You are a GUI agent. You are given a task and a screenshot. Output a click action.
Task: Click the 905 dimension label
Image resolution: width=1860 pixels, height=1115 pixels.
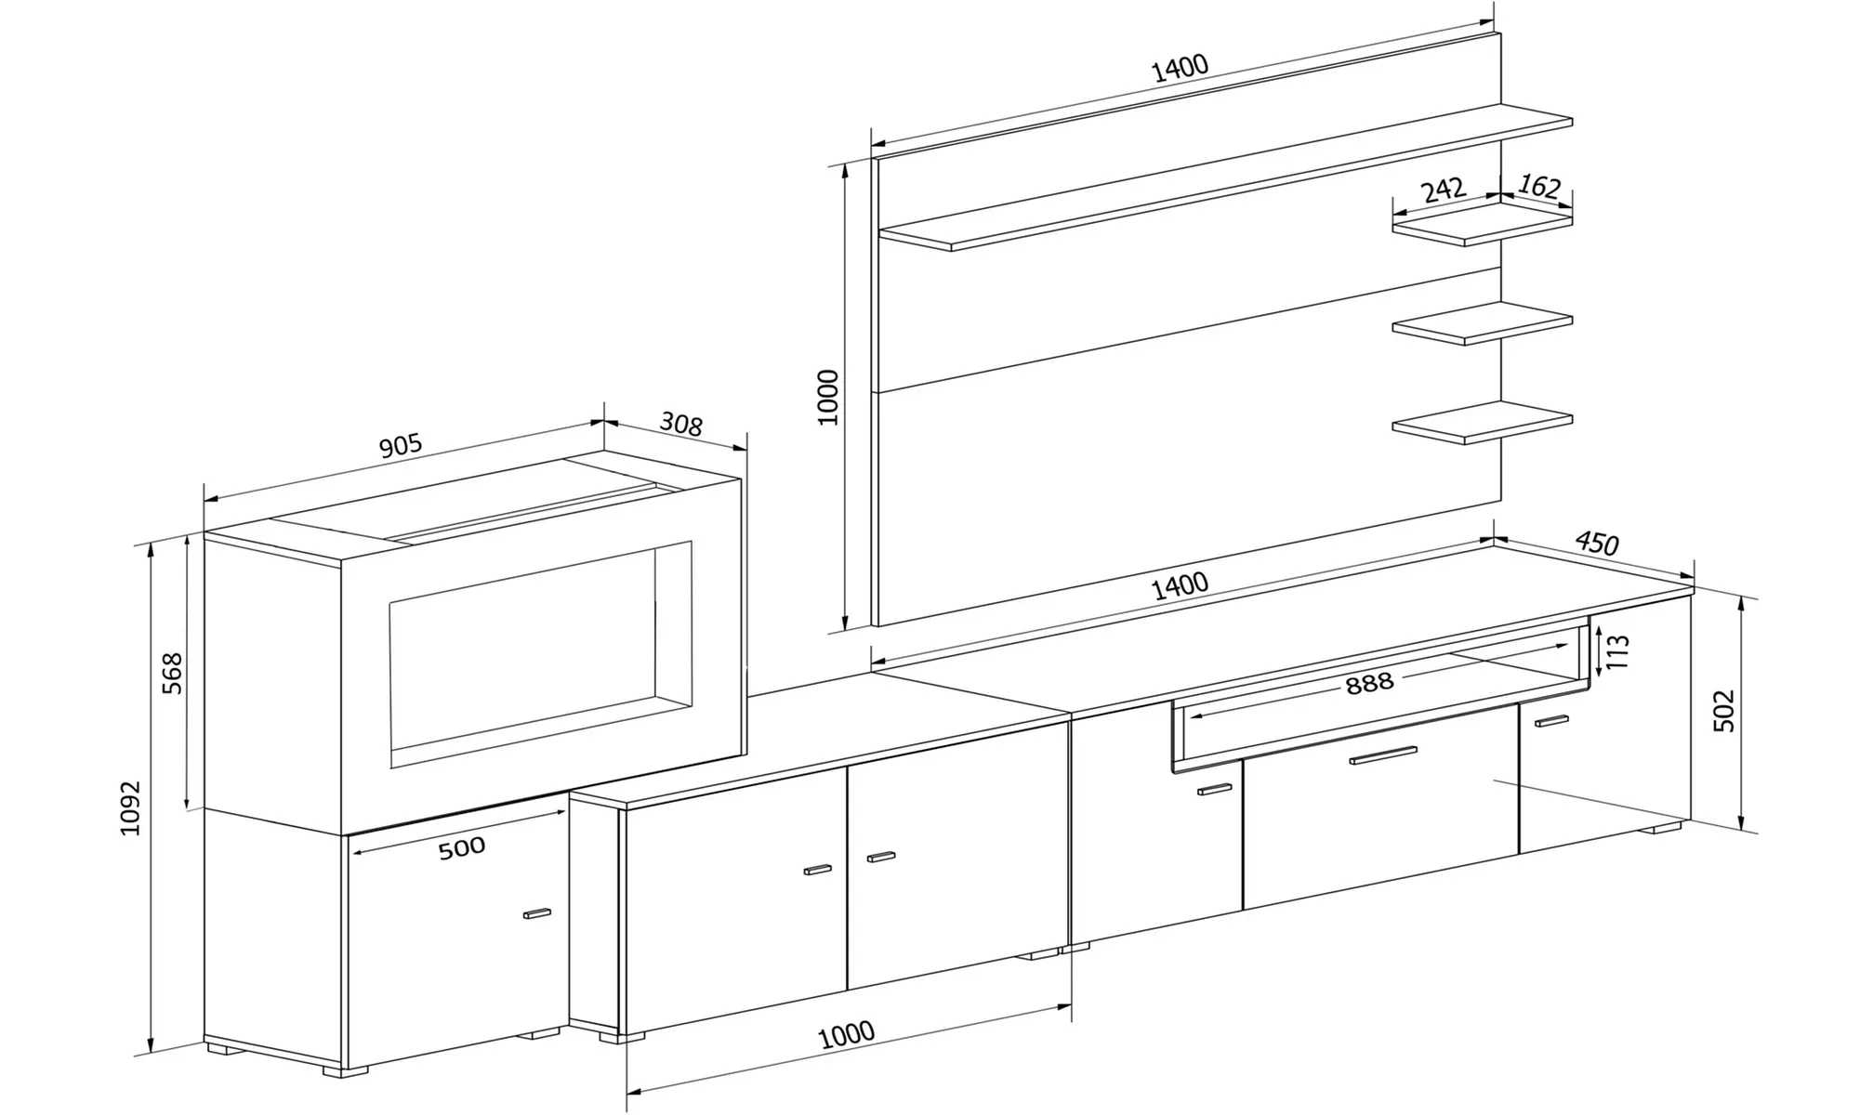[401, 446]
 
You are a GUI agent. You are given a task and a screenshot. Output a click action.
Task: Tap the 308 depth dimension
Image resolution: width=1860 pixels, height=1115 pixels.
[680, 425]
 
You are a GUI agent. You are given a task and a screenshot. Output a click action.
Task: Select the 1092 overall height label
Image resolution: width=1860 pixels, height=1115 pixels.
[130, 807]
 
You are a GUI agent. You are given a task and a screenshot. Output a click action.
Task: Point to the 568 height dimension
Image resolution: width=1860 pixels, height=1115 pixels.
[172, 674]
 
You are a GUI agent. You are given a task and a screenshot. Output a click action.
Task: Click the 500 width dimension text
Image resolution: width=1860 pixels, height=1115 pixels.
[461, 847]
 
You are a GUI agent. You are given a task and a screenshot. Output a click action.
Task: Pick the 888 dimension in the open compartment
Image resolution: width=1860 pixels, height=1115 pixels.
[1369, 683]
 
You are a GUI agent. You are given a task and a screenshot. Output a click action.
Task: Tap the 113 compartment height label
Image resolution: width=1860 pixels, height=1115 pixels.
[1617, 651]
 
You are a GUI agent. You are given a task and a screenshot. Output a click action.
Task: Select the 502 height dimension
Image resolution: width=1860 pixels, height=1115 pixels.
[1723, 711]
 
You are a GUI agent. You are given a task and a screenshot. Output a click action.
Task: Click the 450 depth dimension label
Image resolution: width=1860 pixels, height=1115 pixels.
[1597, 544]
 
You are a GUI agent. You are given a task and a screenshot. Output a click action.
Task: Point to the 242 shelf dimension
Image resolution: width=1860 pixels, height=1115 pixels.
[1444, 190]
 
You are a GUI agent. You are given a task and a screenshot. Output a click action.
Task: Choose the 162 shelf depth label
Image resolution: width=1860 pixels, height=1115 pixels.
[1538, 187]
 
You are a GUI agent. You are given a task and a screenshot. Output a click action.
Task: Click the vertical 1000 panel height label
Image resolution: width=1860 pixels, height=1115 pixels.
[827, 398]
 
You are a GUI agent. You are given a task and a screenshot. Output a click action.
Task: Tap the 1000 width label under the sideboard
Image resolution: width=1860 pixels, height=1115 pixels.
[846, 1034]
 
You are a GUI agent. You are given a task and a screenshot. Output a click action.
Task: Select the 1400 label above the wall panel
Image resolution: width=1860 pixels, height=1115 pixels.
[1180, 68]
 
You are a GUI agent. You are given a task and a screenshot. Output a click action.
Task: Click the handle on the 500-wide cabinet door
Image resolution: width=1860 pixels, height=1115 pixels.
[537, 913]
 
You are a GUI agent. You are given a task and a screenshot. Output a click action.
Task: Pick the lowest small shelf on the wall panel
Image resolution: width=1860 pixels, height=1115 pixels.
[1482, 423]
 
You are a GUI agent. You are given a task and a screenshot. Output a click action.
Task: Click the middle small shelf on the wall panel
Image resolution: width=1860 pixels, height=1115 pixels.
[1482, 323]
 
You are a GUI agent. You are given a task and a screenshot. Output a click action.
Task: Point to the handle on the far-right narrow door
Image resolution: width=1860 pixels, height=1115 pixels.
[1551, 720]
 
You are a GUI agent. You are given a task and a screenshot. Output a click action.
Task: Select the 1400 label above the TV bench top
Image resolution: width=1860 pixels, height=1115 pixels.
[1180, 586]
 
